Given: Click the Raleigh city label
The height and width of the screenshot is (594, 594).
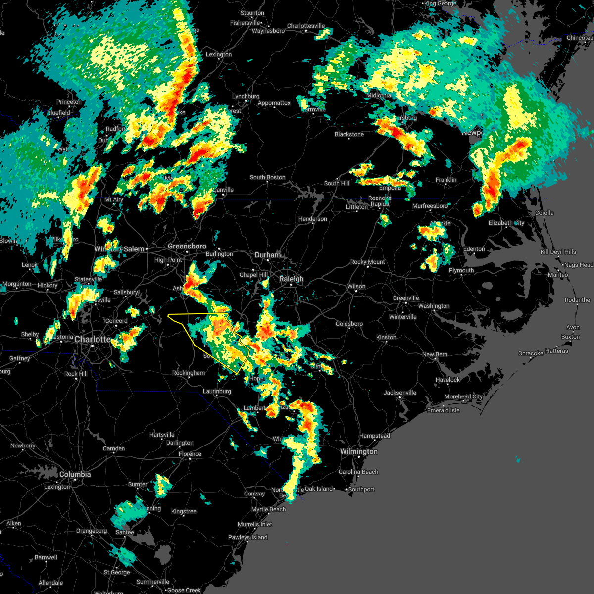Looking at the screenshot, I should click(x=291, y=279).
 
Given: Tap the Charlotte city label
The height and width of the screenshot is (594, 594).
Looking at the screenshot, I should click(x=93, y=340).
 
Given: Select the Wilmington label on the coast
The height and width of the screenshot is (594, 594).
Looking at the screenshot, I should click(x=358, y=451).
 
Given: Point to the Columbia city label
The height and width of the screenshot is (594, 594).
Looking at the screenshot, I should click(x=75, y=474).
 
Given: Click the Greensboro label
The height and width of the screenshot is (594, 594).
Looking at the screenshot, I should click(x=187, y=246).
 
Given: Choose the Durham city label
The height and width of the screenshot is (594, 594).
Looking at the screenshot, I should click(x=267, y=255).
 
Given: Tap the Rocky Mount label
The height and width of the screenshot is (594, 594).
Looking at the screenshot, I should click(x=368, y=262).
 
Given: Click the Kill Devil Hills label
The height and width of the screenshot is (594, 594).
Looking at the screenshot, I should click(x=558, y=252).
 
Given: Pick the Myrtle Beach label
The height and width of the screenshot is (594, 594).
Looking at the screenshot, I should click(x=268, y=509).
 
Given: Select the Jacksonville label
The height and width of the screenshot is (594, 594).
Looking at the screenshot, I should click(x=400, y=393).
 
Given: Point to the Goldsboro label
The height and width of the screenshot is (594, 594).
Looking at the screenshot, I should click(x=349, y=324).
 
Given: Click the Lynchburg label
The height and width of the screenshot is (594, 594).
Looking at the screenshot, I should click(x=246, y=96).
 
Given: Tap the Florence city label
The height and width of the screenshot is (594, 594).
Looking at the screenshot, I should click(x=190, y=454).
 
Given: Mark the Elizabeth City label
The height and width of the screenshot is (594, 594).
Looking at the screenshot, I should click(x=506, y=223).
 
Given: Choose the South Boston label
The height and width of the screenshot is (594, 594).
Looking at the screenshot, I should click(x=267, y=177).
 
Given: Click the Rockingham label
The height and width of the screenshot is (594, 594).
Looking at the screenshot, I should click(x=189, y=373).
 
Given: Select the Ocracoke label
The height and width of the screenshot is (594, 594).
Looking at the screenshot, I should click(x=530, y=353).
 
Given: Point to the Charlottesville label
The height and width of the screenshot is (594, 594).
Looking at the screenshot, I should click(x=306, y=26).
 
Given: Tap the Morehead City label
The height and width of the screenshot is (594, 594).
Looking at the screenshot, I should click(x=463, y=396).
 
